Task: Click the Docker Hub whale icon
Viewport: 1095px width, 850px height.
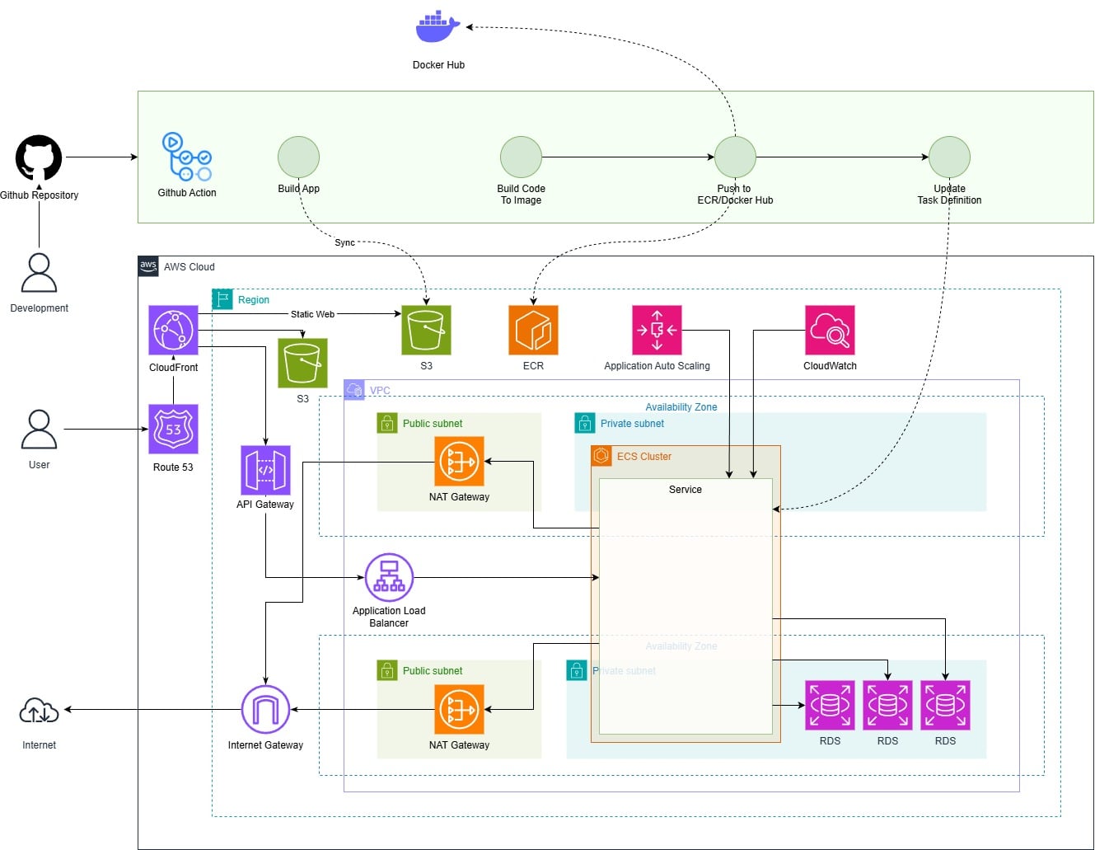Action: [x=438, y=27]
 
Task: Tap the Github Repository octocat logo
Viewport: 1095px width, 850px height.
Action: [x=39, y=157]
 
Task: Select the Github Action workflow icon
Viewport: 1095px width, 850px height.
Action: [x=187, y=157]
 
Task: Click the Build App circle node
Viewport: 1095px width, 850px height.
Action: [x=298, y=157]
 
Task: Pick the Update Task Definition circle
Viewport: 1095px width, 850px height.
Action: [x=949, y=157]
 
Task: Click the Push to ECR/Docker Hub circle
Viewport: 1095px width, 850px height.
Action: [x=735, y=157]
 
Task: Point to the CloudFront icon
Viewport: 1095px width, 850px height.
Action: [x=173, y=330]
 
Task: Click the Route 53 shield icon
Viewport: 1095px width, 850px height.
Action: [x=173, y=429]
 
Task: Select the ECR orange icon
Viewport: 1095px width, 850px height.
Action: [x=533, y=330]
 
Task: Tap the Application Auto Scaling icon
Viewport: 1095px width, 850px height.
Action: [x=657, y=330]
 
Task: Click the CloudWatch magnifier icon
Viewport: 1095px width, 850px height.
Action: [x=830, y=330]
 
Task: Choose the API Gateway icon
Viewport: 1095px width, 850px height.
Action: [x=265, y=470]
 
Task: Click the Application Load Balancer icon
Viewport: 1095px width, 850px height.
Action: [x=389, y=577]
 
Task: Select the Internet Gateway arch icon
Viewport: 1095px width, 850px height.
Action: [x=265, y=709]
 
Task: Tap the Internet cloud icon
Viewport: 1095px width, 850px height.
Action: [x=39, y=711]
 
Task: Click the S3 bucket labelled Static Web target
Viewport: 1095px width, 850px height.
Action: [x=426, y=330]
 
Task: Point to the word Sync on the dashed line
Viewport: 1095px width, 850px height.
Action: [x=344, y=242]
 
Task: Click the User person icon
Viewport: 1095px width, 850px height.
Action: [x=39, y=430]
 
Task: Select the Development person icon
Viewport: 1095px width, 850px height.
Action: [x=39, y=273]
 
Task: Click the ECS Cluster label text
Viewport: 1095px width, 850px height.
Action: [x=643, y=456]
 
